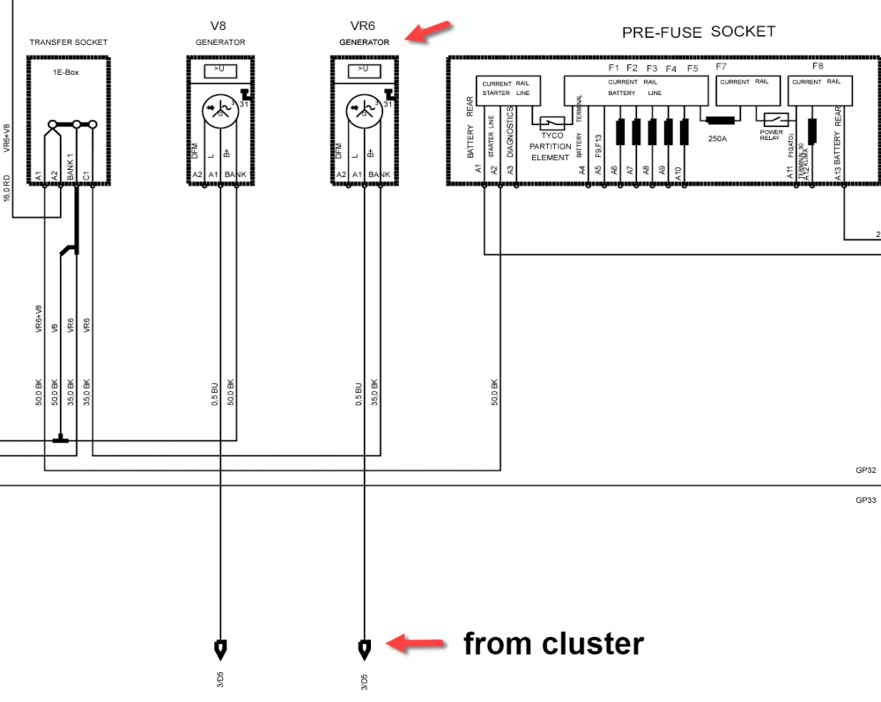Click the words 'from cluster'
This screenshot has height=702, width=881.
(x=553, y=644)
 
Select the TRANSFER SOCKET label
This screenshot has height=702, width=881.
(x=69, y=42)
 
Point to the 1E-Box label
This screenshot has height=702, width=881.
(x=66, y=72)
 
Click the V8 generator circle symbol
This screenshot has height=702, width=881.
(x=217, y=111)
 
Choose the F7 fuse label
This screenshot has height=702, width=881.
(x=722, y=67)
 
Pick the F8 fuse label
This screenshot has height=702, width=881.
(x=818, y=67)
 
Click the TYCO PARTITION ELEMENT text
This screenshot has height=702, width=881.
(x=552, y=146)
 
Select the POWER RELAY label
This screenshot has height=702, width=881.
(x=772, y=137)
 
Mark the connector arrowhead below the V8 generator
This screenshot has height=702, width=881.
(x=220, y=651)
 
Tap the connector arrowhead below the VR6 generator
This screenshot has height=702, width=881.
(x=364, y=651)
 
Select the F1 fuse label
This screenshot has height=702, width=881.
(x=614, y=68)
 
